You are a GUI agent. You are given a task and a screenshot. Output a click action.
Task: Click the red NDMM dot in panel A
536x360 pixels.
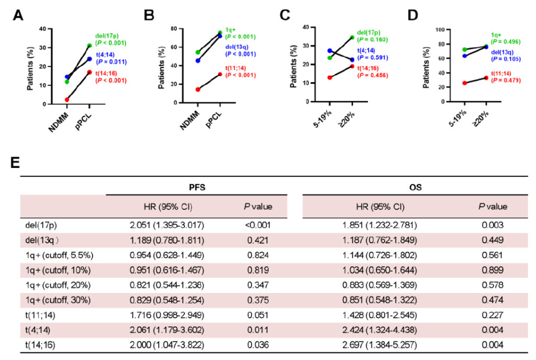[67, 100]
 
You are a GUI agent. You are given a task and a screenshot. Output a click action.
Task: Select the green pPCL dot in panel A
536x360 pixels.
[90, 46]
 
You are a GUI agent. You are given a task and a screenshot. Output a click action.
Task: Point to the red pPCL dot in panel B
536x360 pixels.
[219, 74]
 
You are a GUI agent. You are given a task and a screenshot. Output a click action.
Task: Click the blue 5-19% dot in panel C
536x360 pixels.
[330, 51]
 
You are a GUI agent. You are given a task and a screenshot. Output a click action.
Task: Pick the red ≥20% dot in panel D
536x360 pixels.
[486, 78]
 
